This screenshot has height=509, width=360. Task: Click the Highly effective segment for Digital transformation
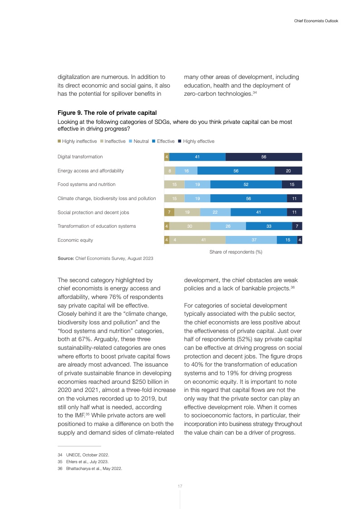click(264, 157)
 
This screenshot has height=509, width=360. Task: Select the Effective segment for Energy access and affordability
click(236, 171)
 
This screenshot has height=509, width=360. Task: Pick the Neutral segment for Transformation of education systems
click(228, 226)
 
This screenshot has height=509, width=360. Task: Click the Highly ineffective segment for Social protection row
click(169, 212)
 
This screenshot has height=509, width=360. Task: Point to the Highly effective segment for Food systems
click(292, 185)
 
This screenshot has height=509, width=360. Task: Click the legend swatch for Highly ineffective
click(59, 142)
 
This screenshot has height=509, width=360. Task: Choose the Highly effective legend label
click(198, 142)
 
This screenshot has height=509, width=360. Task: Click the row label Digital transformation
click(80, 157)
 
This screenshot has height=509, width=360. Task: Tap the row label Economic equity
click(75, 240)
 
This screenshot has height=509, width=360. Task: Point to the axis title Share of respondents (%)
click(236, 252)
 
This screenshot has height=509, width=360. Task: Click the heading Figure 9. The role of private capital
click(106, 112)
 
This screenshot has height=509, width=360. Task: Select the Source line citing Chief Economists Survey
click(105, 259)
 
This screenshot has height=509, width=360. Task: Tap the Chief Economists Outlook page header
click(313, 21)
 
